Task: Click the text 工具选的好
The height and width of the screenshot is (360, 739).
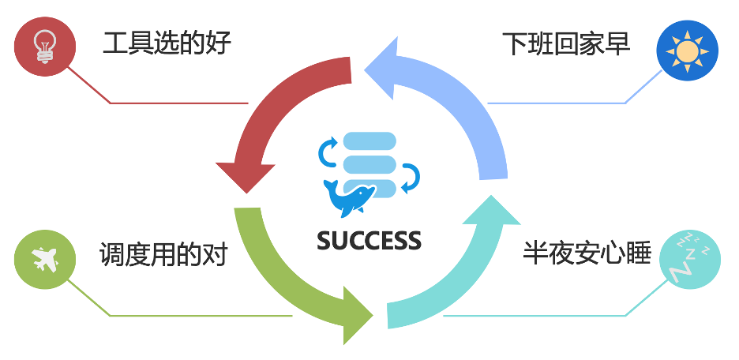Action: [167, 43]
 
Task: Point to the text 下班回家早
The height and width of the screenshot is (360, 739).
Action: [566, 43]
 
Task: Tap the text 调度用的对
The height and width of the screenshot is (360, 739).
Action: [163, 254]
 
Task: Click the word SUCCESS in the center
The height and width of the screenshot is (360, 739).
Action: [369, 240]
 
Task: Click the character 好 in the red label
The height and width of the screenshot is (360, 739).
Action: [219, 43]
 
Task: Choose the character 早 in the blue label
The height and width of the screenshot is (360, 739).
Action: [618, 43]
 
